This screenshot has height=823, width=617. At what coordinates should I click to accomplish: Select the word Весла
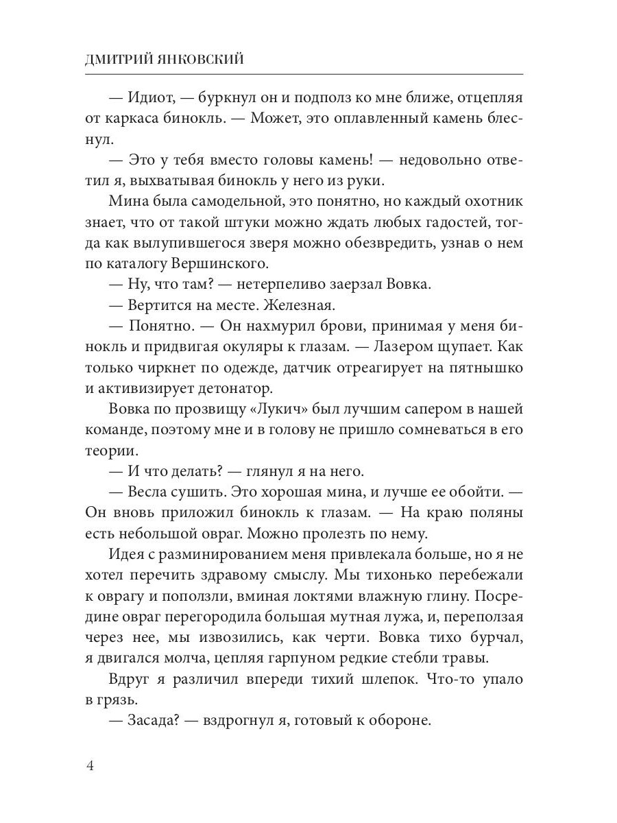149,493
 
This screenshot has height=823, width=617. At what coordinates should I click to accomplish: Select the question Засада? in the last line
152,721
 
